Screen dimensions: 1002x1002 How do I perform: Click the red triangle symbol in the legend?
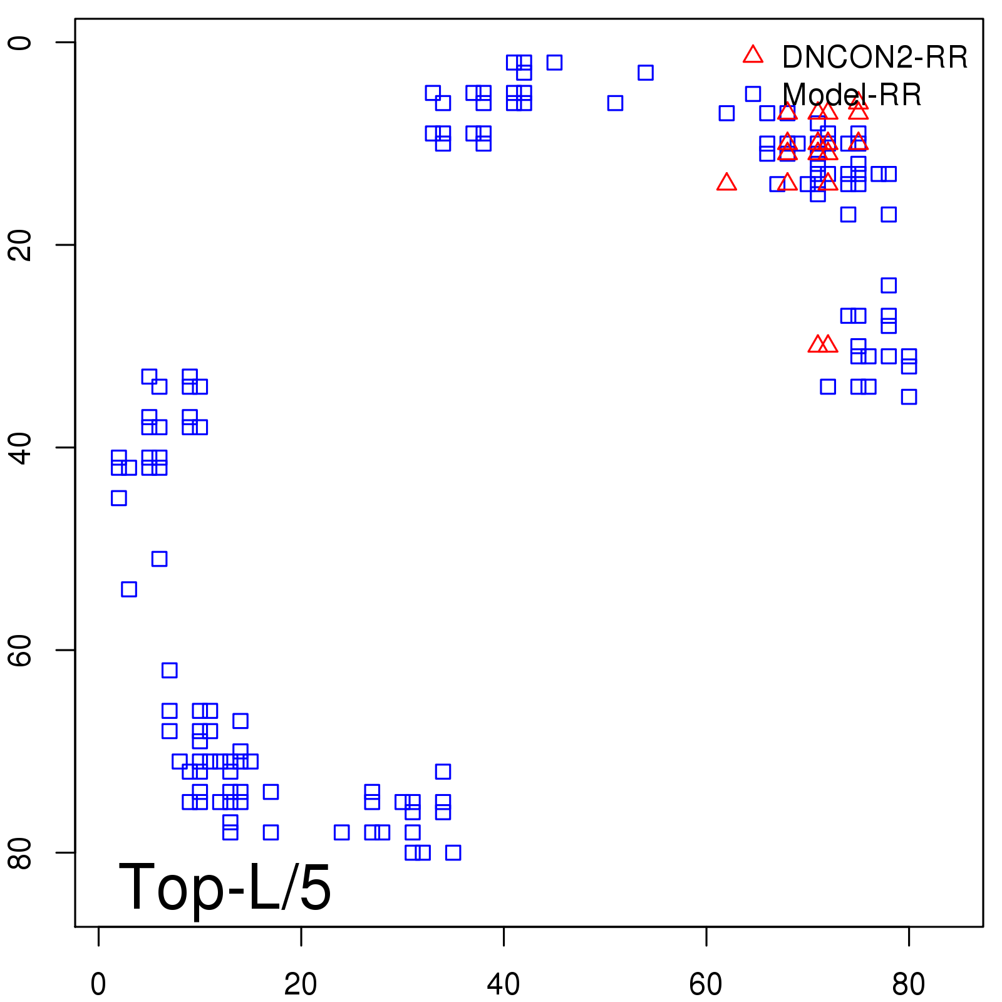click(x=753, y=55)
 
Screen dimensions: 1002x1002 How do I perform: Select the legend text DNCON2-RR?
click(x=874, y=58)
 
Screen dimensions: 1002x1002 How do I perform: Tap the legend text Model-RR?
click(x=852, y=95)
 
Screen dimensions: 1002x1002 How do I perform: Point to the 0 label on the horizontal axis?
click(x=98, y=984)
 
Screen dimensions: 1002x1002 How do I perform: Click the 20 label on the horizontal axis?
click(x=301, y=984)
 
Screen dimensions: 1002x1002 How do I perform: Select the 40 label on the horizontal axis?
click(x=504, y=984)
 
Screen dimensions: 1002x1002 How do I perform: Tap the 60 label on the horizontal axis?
click(x=706, y=984)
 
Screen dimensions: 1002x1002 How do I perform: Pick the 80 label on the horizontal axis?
click(x=908, y=984)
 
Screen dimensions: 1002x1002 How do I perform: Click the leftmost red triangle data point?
click(x=726, y=182)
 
